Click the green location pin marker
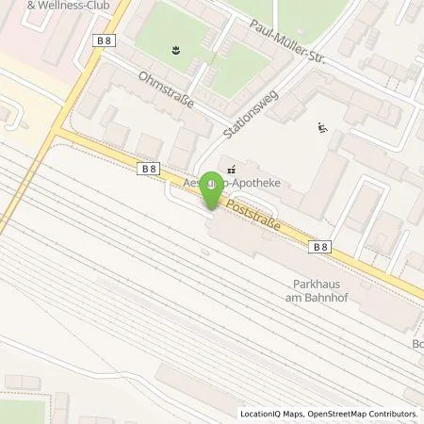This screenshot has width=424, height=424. (x=213, y=191)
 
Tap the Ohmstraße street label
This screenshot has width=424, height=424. (x=165, y=90)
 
